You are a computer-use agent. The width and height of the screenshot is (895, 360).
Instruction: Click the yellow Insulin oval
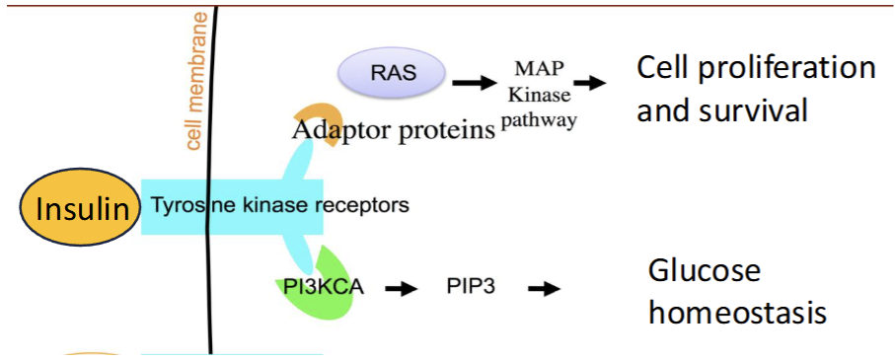[x=82, y=209]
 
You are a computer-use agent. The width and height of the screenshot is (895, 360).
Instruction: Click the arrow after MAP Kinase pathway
[x=589, y=84]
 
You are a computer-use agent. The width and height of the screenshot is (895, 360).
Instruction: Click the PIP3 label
[x=470, y=289]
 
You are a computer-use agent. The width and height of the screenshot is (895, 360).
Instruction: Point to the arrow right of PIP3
[x=543, y=289]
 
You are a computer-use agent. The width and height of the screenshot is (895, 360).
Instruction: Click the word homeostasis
[x=736, y=313]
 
